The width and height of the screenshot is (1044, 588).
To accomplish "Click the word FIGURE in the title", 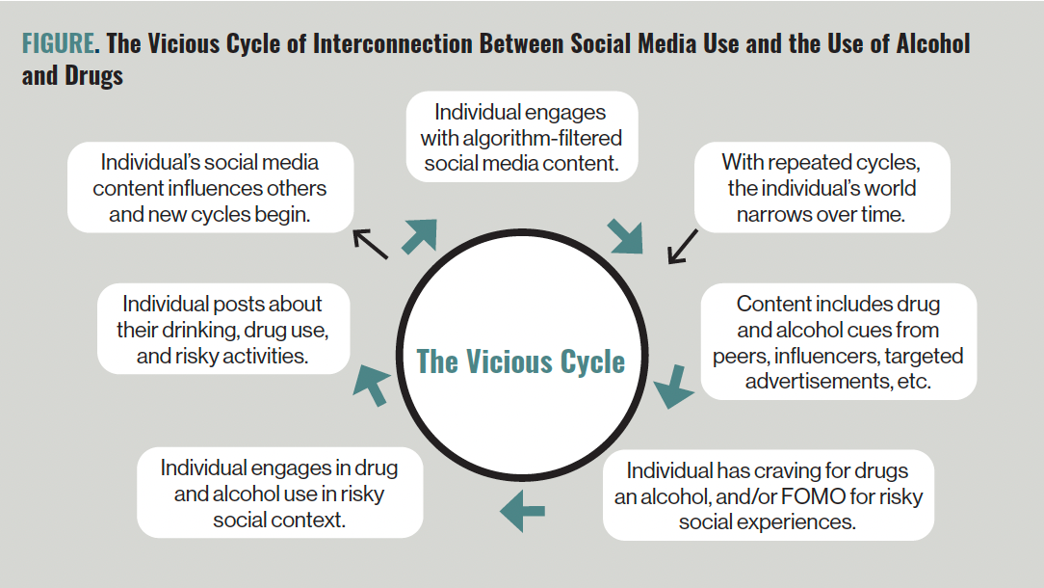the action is [x=58, y=43].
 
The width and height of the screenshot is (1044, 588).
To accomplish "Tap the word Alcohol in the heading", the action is [x=933, y=43].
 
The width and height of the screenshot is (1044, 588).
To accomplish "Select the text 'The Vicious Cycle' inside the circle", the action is [x=521, y=361].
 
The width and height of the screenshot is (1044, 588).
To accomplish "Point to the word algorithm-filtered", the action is [x=542, y=138].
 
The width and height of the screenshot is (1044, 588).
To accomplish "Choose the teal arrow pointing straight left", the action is [x=523, y=511].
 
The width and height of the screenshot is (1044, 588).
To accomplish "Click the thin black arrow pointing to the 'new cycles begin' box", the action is [x=370, y=243].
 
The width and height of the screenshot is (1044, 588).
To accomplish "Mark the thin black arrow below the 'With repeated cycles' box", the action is [x=683, y=247].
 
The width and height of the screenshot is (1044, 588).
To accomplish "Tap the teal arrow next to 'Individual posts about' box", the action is [x=372, y=385].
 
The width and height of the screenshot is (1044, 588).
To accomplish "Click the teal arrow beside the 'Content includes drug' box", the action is [x=674, y=387].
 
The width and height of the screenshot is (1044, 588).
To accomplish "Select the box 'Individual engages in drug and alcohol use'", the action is [x=279, y=493].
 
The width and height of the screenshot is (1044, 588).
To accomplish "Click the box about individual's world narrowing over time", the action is [x=822, y=187].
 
